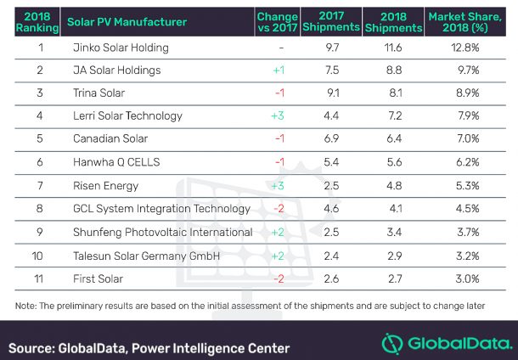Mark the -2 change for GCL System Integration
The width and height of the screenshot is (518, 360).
click(x=277, y=208)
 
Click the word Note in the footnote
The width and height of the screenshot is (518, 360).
click(x=23, y=305)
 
